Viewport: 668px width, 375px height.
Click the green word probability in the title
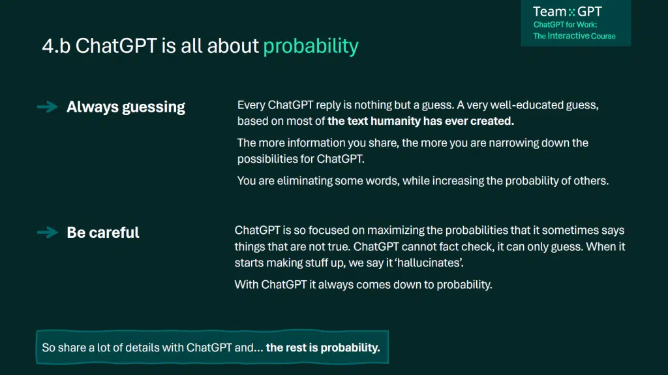click(x=311, y=46)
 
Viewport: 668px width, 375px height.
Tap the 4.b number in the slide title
click(x=56, y=46)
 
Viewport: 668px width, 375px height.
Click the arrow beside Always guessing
click(x=47, y=106)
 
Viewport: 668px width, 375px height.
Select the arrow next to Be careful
click(x=47, y=233)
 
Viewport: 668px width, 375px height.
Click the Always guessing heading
click(x=126, y=107)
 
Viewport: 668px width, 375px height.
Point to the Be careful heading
click(x=102, y=233)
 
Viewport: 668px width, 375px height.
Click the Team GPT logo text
click(x=567, y=12)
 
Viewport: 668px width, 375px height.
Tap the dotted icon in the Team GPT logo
click(x=571, y=12)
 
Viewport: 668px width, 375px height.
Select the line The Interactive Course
click(x=574, y=37)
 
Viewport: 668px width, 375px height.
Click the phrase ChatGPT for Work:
click(x=565, y=25)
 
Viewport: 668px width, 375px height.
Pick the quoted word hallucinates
click(x=430, y=263)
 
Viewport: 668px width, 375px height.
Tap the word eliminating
click(x=305, y=181)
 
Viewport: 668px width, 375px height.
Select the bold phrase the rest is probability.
click(x=323, y=348)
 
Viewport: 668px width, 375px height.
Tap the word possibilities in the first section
click(x=267, y=159)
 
